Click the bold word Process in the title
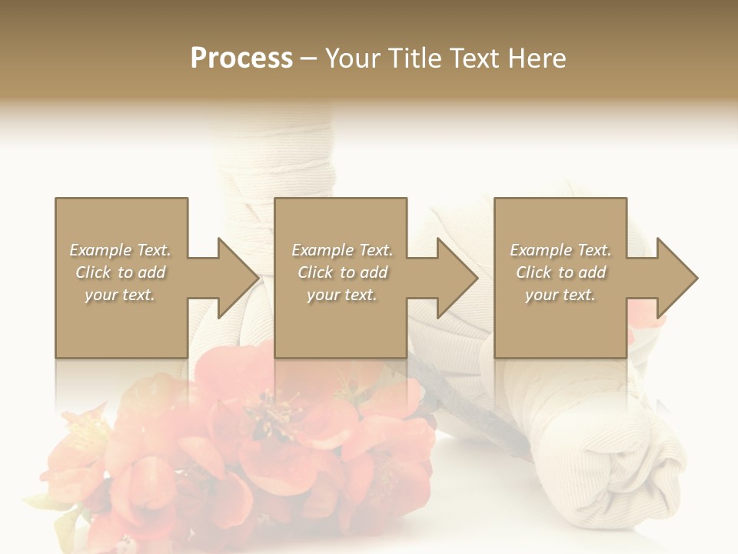(241, 58)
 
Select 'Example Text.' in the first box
(120, 250)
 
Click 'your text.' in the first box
(120, 295)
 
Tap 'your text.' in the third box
(560, 295)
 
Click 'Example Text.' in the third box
(560, 250)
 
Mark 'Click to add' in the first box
(120, 272)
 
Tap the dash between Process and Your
(308, 58)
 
